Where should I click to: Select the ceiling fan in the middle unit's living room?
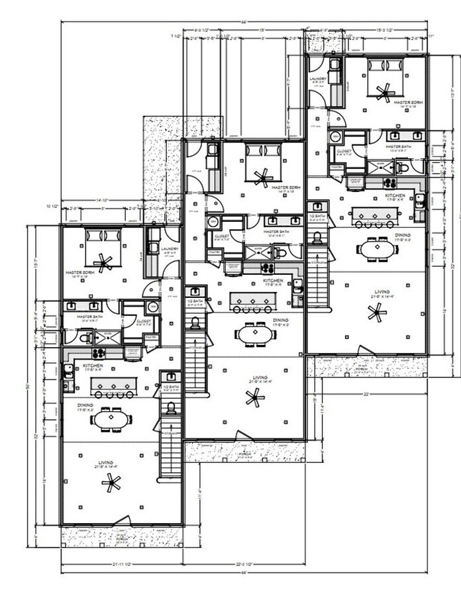click(252, 397)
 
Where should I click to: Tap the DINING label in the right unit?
click(402, 235)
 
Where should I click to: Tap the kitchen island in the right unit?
click(378, 215)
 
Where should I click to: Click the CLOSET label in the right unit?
click(344, 151)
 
